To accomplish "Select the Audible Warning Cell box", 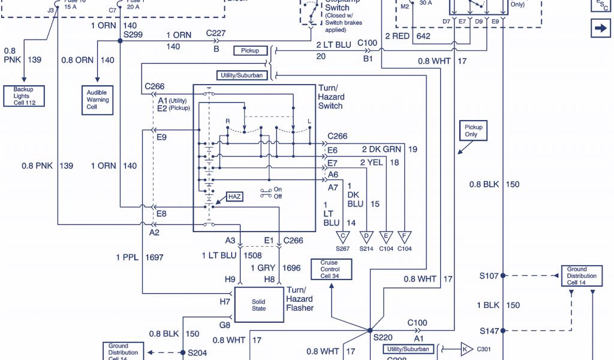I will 97,100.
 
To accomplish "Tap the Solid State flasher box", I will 258,304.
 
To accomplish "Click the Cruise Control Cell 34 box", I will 330,269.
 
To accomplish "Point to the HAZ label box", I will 235,197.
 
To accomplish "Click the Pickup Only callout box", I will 471,130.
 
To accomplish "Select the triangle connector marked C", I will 343,236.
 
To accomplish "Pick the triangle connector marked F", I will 405,236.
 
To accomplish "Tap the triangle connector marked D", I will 366,236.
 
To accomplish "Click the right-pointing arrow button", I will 600,28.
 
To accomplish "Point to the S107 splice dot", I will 503,276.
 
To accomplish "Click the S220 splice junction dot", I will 369,331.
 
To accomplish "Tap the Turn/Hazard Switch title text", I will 331,97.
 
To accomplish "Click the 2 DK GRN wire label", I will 381,149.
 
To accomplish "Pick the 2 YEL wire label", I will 371,162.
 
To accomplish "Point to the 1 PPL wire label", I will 127,257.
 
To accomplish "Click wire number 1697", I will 154,257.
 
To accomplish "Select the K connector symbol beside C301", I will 466,349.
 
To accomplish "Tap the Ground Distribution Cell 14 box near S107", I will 582,276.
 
